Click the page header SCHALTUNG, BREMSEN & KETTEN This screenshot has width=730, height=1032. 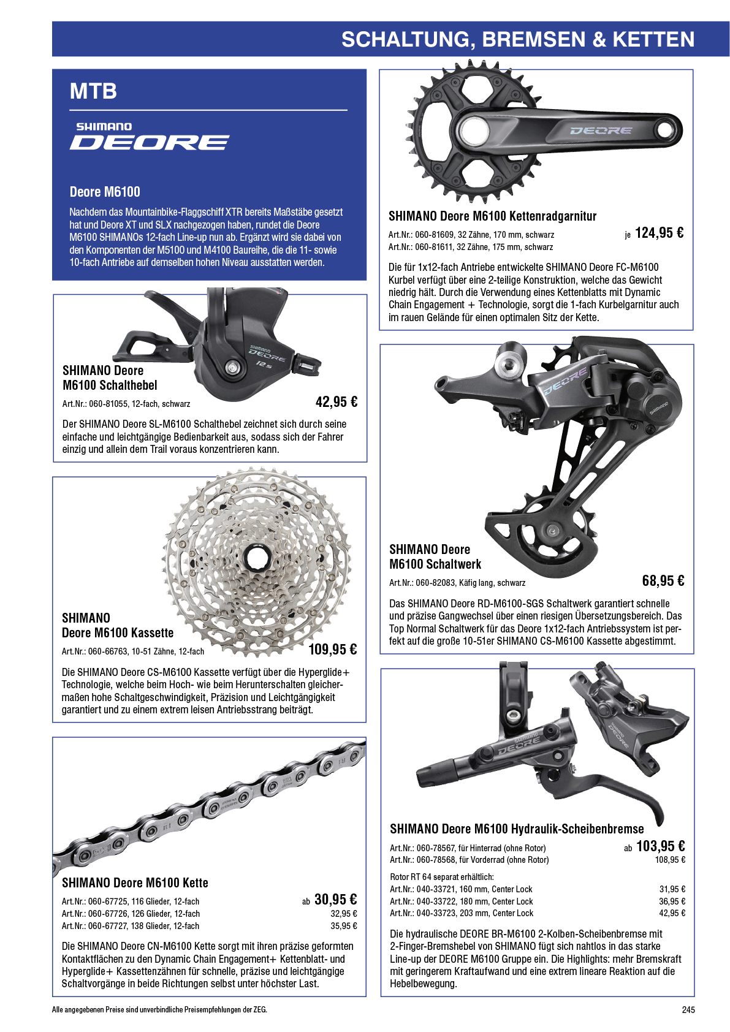point(517,40)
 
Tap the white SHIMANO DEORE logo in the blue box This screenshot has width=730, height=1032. point(150,136)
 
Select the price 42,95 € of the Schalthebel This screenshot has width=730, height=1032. point(336,402)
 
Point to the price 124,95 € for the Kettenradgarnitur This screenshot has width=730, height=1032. point(659,233)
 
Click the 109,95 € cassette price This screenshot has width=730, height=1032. point(332,650)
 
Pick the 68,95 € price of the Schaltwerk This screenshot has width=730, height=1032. point(663,581)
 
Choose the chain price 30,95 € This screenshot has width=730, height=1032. point(335,899)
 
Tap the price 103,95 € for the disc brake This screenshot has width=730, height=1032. point(660,846)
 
